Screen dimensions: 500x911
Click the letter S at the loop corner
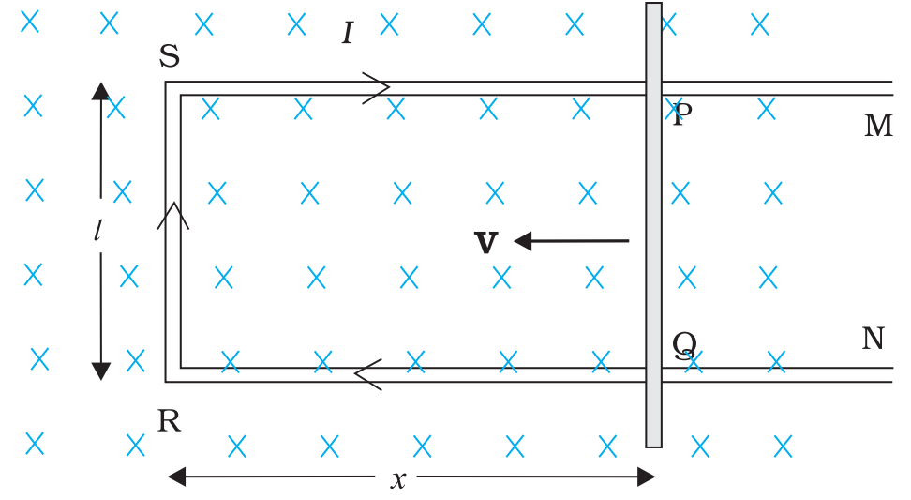coord(170,57)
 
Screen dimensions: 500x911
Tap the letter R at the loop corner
coord(169,422)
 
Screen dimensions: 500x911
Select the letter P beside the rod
coord(682,115)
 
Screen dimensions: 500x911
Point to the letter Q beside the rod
coord(684,346)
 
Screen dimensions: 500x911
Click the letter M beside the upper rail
coord(878,127)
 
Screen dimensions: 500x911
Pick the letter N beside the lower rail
coord(873,339)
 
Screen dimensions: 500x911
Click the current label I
coord(348,35)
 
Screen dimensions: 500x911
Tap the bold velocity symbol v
coord(485,242)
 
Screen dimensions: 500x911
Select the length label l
coord(97,231)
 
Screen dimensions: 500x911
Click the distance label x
coord(398,479)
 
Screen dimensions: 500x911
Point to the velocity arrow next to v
coord(571,241)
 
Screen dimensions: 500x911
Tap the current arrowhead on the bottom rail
coord(368,374)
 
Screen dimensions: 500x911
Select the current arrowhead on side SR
coord(173,216)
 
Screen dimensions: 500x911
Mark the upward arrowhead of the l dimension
coord(101,91)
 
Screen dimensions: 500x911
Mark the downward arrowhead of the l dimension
coord(101,371)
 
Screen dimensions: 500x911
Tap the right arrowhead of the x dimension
coord(646,477)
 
